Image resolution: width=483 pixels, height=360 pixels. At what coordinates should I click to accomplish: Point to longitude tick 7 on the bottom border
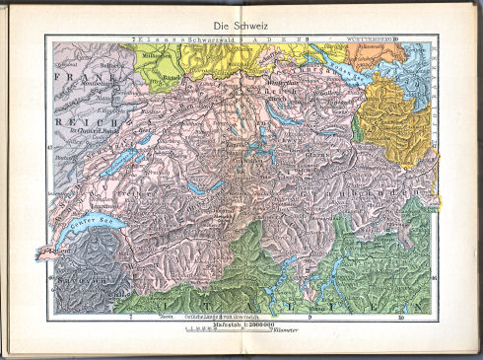[130, 319]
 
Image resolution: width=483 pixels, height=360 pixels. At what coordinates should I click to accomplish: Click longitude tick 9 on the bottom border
[310, 319]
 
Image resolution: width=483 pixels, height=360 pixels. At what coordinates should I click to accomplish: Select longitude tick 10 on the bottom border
[400, 319]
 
